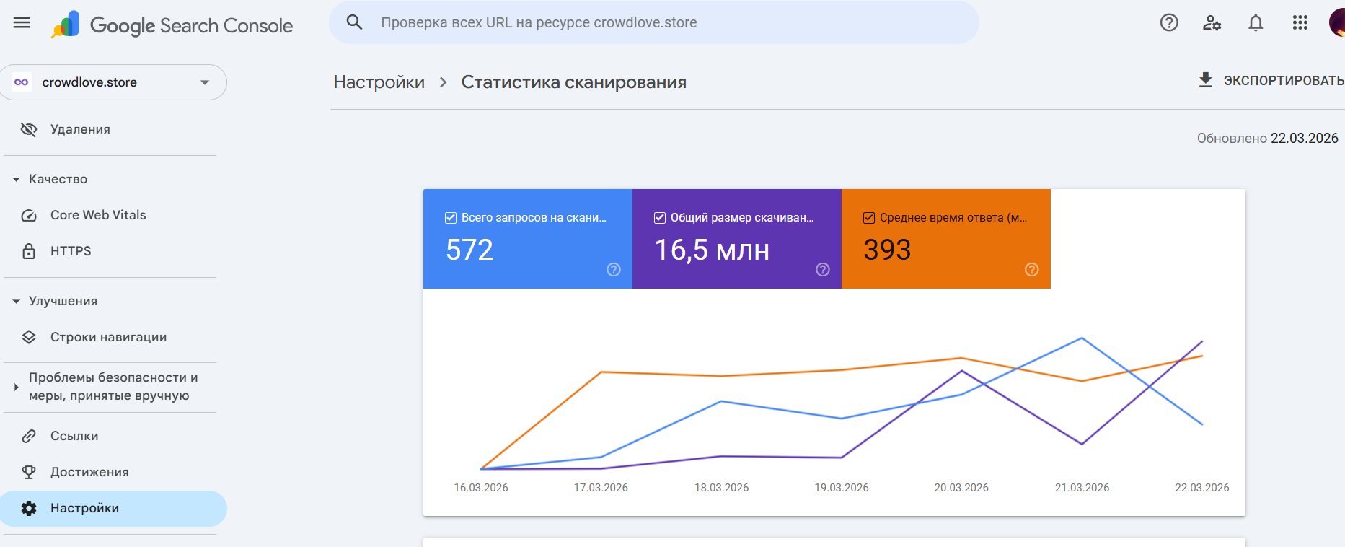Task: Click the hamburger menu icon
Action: [22, 22]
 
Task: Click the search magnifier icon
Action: [354, 22]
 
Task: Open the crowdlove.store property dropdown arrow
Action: [205, 82]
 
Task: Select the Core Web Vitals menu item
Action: [98, 215]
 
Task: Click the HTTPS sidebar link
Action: [71, 251]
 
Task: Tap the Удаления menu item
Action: [80, 129]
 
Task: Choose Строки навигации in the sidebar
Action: [108, 337]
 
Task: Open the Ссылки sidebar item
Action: [74, 436]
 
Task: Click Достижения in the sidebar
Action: [89, 472]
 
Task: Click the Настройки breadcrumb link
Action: [379, 82]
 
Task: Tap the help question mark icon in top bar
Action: [1169, 23]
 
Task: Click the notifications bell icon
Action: [1256, 23]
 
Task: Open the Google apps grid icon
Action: [1300, 23]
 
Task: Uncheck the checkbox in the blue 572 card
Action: [451, 218]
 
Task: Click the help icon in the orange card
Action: [1032, 269]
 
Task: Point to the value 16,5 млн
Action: [712, 250]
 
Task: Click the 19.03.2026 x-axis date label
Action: [842, 488]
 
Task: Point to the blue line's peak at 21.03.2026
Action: [1082, 338]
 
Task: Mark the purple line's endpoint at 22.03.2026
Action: [1202, 341]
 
